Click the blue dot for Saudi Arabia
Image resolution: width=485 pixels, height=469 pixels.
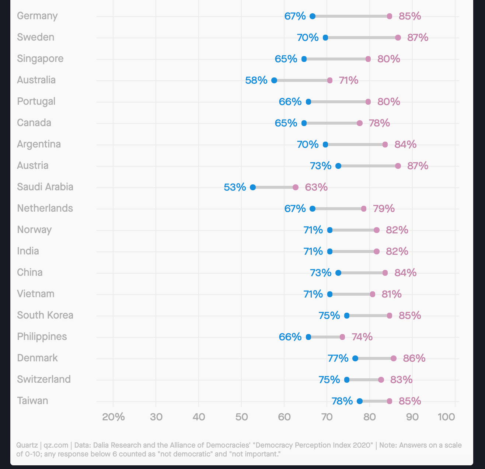(253, 187)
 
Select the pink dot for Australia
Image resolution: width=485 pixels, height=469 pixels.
(330, 80)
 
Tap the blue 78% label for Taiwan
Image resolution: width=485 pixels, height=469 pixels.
(342, 401)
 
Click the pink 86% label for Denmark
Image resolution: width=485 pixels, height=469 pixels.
(414, 358)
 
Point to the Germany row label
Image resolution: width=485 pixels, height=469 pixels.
(37, 16)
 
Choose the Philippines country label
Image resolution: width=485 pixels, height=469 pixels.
(42, 337)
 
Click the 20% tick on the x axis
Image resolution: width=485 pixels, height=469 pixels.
(113, 417)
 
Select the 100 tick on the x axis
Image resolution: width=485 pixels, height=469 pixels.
(446, 417)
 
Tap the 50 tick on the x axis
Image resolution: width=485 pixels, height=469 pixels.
(241, 417)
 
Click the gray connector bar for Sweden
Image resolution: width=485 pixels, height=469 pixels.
(362, 38)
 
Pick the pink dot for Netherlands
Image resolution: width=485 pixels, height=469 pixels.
(364, 209)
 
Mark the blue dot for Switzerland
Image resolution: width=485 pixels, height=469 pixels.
(347, 380)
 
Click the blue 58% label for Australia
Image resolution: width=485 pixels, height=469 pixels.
(256, 80)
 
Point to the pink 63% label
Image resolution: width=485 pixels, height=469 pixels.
(316, 187)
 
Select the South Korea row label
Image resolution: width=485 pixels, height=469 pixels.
(45, 315)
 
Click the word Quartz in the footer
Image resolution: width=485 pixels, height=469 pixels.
(27, 445)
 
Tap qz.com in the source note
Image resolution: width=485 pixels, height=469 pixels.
(56, 445)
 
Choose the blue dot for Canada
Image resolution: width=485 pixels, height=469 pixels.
(304, 123)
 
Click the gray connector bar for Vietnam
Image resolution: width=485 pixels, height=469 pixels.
(351, 294)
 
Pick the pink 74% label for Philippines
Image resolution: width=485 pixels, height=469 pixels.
(362, 337)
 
